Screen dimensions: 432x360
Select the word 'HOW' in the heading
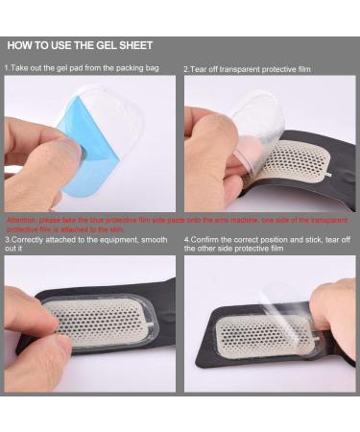(x=21, y=45)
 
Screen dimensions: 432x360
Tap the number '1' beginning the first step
(x=6, y=69)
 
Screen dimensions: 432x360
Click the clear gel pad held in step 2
(x=252, y=125)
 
